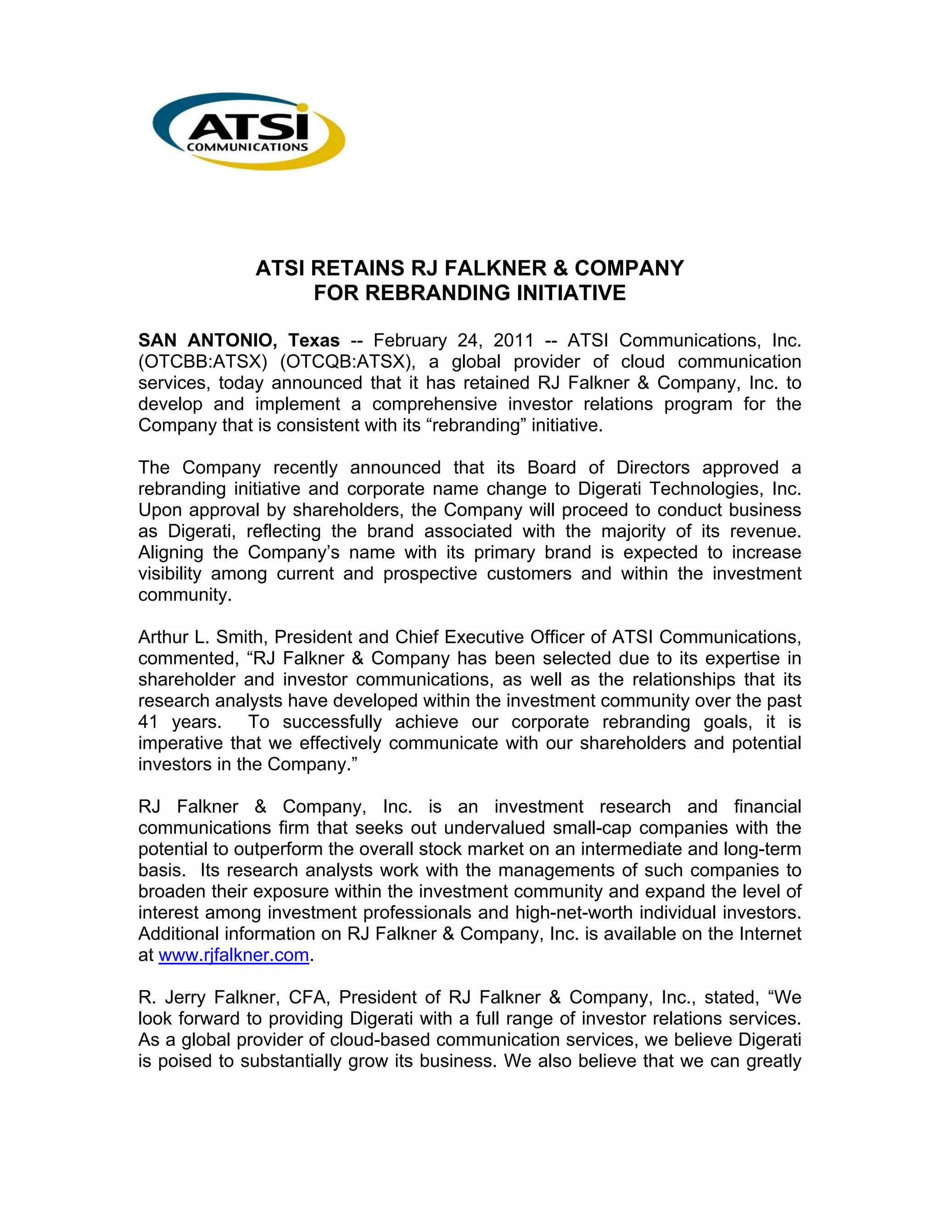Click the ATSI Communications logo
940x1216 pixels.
248,131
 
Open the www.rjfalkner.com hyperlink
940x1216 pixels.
234,955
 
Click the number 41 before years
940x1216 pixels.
148,722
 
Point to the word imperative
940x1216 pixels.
179,743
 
